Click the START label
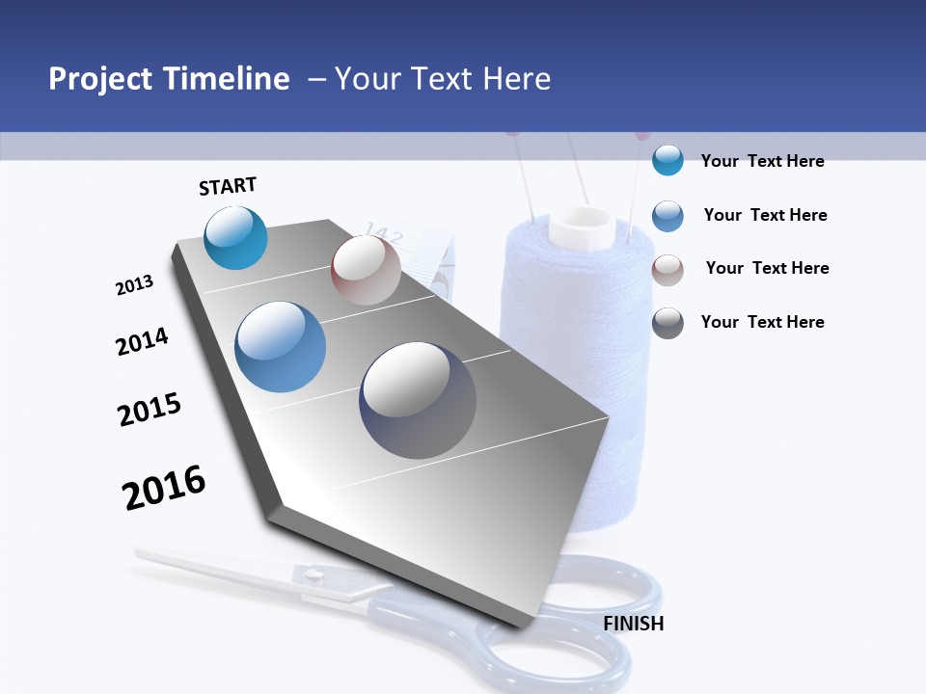(228, 186)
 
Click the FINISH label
(634, 624)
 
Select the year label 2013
(134, 284)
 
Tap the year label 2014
(142, 341)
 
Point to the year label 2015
(150, 410)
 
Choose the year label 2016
(164, 488)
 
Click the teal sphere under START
(236, 238)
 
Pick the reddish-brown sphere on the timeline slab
(366, 270)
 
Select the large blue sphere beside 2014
(281, 347)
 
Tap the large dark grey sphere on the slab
(418, 400)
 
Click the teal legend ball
(667, 160)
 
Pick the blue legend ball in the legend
(667, 215)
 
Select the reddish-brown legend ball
(667, 270)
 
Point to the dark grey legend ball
(667, 323)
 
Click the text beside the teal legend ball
(762, 161)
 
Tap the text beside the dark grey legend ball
(762, 322)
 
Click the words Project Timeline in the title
(169, 79)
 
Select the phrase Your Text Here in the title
(443, 79)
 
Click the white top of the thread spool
(581, 227)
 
